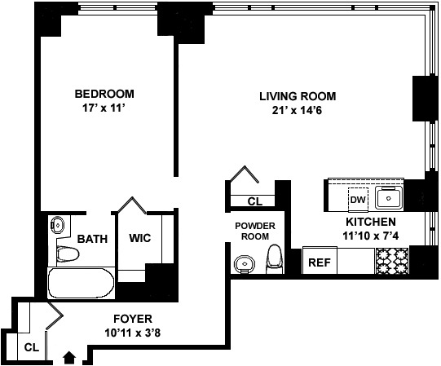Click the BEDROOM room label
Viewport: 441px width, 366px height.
click(104, 93)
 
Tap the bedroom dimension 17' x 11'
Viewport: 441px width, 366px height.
click(104, 108)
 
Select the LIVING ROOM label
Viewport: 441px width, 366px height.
click(297, 96)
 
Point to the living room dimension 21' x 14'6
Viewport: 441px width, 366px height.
click(297, 110)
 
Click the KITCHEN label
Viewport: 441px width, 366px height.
click(371, 222)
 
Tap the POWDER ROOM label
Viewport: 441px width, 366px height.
click(255, 231)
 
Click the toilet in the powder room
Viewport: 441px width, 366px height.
click(276, 258)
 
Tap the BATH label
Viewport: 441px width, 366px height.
click(92, 239)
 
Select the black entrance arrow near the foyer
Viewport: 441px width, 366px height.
click(69, 355)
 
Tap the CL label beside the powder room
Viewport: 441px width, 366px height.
click(254, 201)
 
